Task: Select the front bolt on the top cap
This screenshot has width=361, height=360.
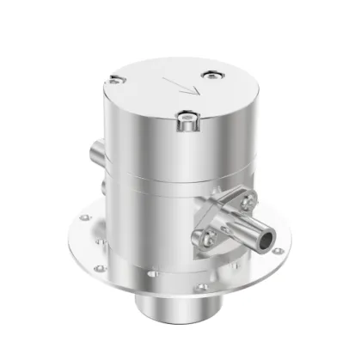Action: click(185, 121)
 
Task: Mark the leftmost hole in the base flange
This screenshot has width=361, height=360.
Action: click(84, 217)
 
